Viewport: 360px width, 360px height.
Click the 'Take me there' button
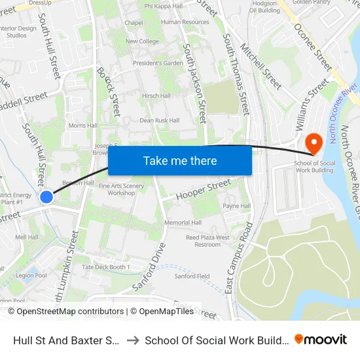[x=180, y=160]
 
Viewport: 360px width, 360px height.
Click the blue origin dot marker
[x=46, y=196]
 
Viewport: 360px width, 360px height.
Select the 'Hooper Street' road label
[x=196, y=190]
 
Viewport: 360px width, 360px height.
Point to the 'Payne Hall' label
[x=237, y=206]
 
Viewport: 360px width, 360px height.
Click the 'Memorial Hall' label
[x=183, y=223]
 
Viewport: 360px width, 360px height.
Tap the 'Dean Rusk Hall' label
[x=159, y=120]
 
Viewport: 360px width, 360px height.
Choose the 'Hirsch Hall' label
[x=156, y=96]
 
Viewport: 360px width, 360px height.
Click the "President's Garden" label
[x=158, y=63]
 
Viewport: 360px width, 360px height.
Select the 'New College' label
[x=142, y=41]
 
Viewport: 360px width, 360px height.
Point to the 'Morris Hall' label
[x=82, y=125]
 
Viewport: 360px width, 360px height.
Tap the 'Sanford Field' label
[x=192, y=276]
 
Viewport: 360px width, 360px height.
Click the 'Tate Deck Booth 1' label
[x=106, y=267]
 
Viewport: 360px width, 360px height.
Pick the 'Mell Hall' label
[x=27, y=237]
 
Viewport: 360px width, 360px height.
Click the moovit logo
[x=321, y=340]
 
